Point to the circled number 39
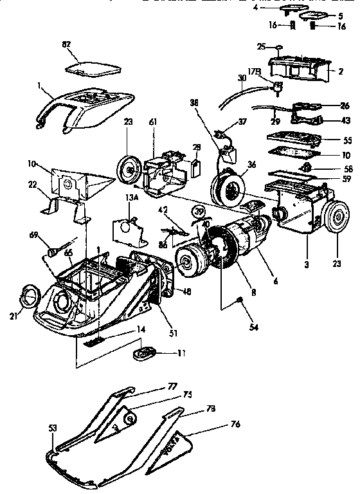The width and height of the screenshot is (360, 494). coord(199,212)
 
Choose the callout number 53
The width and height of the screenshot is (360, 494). coord(53,428)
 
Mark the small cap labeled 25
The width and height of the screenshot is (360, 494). coord(279,47)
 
